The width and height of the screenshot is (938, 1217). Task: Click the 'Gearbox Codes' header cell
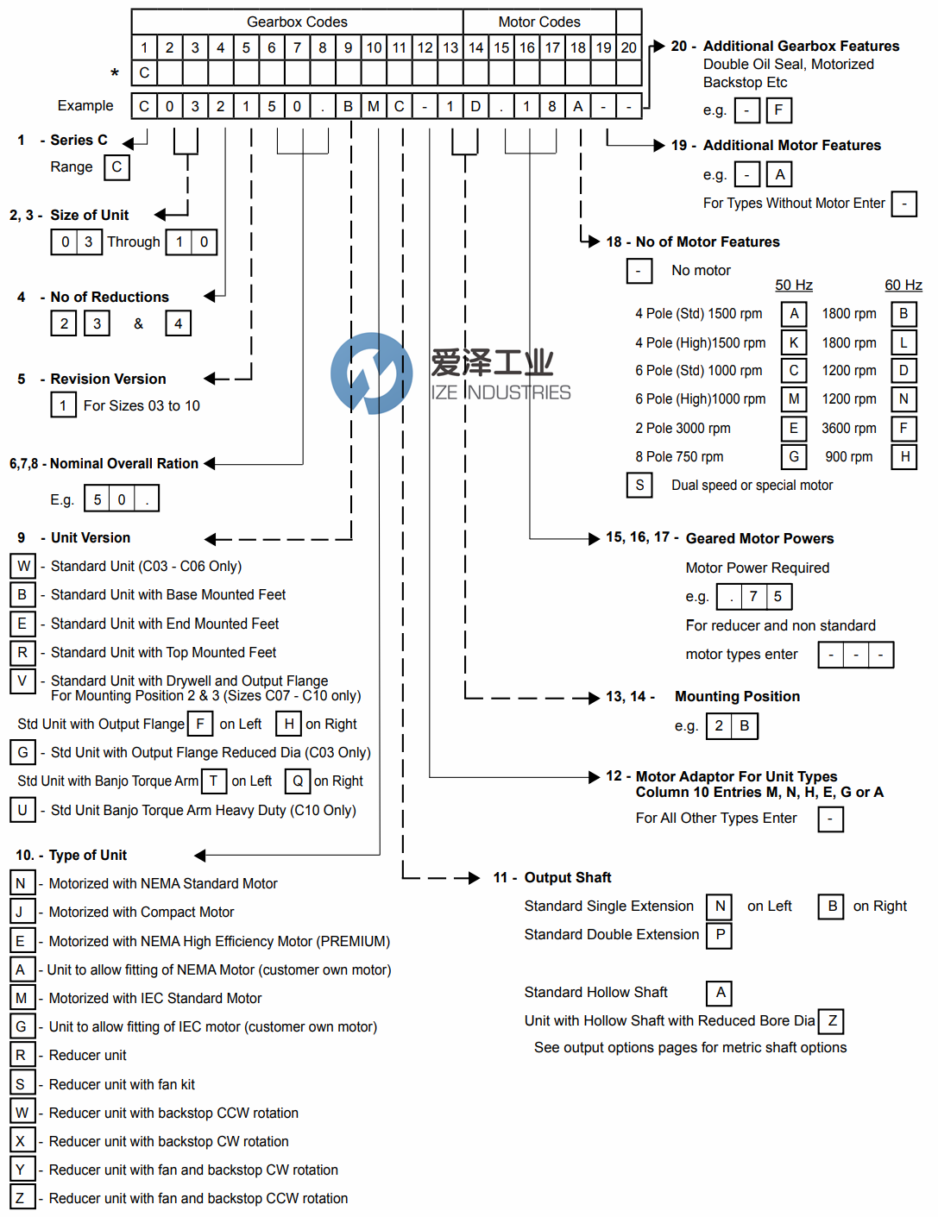[297, 22]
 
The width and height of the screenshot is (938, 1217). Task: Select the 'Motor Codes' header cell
[539, 22]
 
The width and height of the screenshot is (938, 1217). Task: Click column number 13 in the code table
[450, 47]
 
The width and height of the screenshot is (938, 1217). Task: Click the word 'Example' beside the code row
[85, 105]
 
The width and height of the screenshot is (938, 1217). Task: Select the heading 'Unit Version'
[91, 537]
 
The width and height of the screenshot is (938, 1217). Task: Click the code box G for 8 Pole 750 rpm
[794, 456]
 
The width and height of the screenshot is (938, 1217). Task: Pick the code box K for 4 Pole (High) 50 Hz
[794, 342]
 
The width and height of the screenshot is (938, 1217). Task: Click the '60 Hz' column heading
[903, 285]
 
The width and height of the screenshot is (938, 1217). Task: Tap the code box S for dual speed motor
[639, 485]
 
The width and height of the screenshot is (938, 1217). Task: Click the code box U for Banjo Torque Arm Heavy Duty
[22, 810]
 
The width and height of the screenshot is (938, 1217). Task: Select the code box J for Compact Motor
[21, 912]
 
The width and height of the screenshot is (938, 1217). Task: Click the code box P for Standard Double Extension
[720, 935]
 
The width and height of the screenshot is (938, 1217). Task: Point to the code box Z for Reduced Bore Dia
[832, 1021]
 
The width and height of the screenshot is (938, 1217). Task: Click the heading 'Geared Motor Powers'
[759, 538]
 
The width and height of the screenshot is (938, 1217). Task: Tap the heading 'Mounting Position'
[737, 696]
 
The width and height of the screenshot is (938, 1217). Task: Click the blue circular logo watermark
[372, 373]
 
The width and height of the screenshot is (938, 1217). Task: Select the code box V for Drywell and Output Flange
[22, 681]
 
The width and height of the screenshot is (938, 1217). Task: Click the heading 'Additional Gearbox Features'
[801, 46]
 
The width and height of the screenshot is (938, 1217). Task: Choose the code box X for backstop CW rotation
[21, 1141]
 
